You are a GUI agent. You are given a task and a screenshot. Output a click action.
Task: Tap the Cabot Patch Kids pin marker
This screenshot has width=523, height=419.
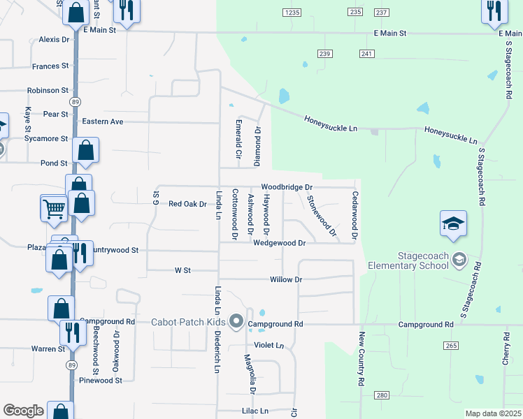click(x=237, y=323)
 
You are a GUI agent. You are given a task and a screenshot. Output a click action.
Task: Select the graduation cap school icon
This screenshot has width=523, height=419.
click(x=453, y=224)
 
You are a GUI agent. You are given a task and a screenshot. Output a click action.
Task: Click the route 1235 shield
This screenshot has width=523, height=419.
click(x=292, y=13)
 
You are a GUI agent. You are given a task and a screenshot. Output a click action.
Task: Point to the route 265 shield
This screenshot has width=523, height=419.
click(x=451, y=346)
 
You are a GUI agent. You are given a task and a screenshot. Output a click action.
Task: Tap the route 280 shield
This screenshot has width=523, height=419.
click(x=381, y=395)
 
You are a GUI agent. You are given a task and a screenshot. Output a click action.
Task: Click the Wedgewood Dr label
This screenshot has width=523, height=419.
click(x=280, y=243)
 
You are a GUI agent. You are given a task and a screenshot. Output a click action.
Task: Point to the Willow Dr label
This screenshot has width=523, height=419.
click(x=285, y=279)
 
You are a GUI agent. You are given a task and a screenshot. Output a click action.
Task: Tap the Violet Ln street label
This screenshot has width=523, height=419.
click(x=269, y=346)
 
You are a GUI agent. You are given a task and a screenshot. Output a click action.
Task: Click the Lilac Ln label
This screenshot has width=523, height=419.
click(x=255, y=411)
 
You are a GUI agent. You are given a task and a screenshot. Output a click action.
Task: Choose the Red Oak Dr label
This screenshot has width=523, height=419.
click(x=188, y=205)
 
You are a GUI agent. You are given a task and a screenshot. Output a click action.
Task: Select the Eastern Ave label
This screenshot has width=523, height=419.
click(x=102, y=122)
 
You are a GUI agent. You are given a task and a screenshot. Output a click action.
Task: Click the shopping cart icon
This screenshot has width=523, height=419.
click(x=55, y=207)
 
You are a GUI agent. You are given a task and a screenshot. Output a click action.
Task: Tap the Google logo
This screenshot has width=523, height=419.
click(x=23, y=411)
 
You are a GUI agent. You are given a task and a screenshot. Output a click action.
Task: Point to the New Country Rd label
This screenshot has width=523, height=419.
click(x=361, y=360)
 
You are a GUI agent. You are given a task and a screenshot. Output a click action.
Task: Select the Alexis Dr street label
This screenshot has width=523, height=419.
click(x=55, y=40)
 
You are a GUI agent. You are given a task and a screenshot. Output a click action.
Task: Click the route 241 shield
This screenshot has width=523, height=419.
click(x=368, y=54)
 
